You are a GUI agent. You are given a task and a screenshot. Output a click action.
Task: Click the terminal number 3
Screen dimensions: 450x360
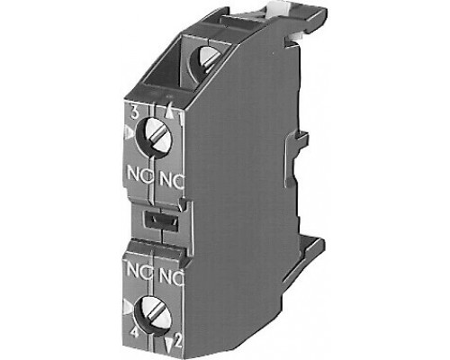tap(135, 113)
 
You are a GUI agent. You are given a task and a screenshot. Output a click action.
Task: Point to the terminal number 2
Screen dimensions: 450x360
tap(178, 340)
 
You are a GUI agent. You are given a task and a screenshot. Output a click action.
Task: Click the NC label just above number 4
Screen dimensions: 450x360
tap(139, 269)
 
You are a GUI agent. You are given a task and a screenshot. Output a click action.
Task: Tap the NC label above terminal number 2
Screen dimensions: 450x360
tap(171, 276)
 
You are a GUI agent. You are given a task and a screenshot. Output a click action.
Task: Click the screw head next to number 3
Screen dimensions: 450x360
tap(157, 137)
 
